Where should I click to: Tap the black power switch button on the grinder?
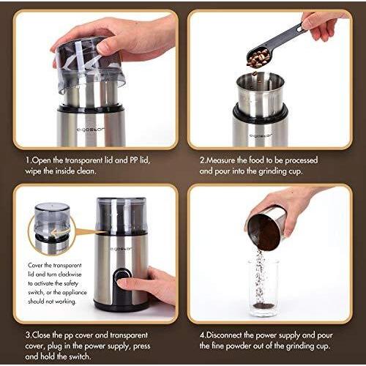(x=120, y=275)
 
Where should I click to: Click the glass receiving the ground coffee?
(x=264, y=288)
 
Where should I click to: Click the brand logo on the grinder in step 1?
(x=91, y=130)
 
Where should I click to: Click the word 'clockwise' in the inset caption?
(x=70, y=274)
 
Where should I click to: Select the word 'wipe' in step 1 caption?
(x=33, y=171)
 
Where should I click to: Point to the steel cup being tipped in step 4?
(x=266, y=229)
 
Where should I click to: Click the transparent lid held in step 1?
(x=89, y=64)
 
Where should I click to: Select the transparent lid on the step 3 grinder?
(x=122, y=214)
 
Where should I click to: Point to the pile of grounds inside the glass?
(x=264, y=305)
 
